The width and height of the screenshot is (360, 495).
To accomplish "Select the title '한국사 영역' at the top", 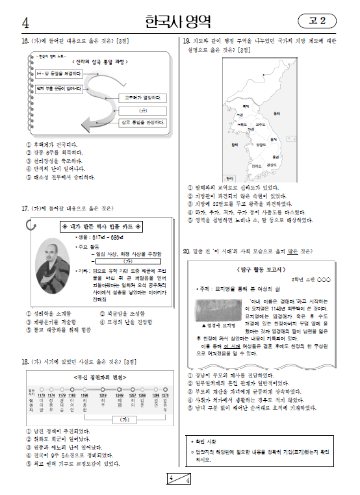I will pyautogui.click(x=179, y=22).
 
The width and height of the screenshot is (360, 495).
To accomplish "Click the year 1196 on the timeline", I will pyautogui.click(x=84, y=394).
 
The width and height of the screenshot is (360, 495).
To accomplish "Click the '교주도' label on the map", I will pyautogui.click(x=260, y=123).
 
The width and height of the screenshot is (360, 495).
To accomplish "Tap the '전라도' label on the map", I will pyautogui.click(x=248, y=166).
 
